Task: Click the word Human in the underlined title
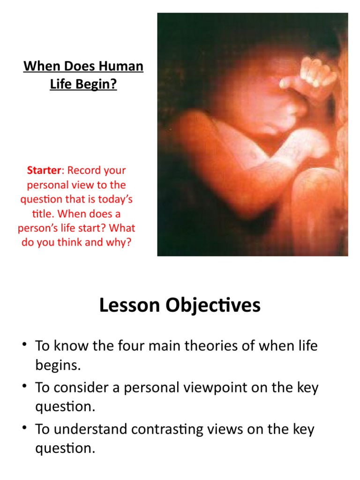point(120,66)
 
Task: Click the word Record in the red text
point(84,170)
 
